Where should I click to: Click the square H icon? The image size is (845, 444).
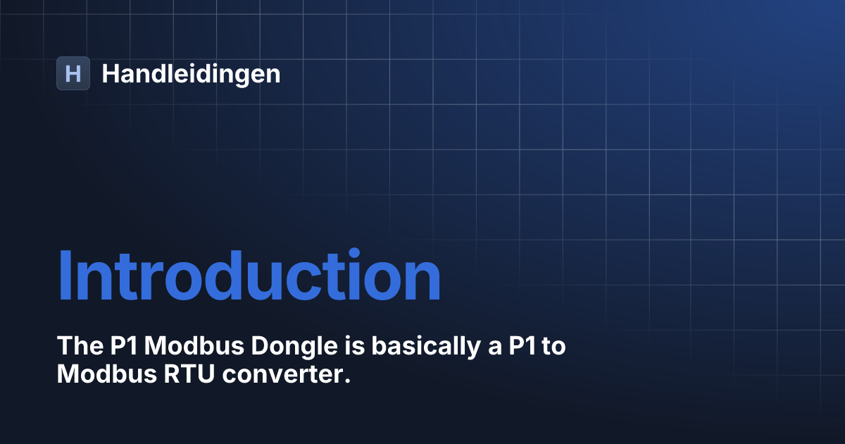[73, 73]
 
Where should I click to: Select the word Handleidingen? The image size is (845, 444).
[191, 74]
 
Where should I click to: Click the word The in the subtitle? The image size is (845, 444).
[77, 347]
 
